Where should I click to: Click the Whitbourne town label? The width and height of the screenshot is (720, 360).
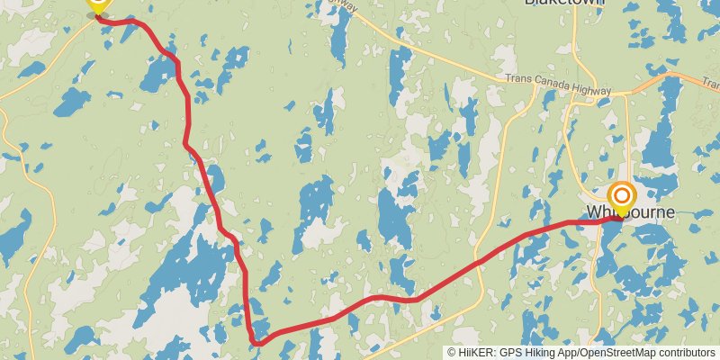(630, 212)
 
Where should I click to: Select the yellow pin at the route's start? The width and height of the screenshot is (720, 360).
(97, 5)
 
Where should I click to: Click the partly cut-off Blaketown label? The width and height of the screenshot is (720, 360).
(564, 3)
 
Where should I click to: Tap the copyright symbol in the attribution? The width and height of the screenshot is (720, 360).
(452, 352)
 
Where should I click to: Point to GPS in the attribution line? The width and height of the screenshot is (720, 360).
(509, 352)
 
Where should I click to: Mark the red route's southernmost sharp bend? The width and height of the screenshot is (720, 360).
(257, 342)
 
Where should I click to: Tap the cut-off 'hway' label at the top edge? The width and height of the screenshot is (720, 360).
(346, 5)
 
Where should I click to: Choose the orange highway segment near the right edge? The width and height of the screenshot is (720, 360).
(666, 79)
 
